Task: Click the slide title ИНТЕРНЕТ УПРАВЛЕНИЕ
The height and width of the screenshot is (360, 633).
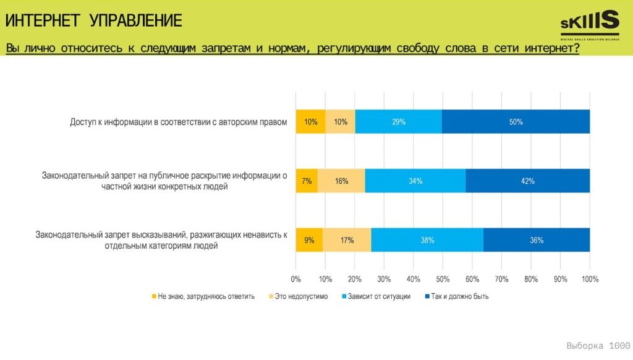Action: (x=94, y=21)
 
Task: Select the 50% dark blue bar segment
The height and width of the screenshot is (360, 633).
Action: (x=516, y=122)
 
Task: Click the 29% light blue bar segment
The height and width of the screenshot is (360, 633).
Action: (x=399, y=122)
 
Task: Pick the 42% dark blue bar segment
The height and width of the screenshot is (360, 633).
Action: (x=527, y=181)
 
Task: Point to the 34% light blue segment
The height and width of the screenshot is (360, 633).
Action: (x=415, y=181)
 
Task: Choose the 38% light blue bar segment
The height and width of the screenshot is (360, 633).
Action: (x=427, y=240)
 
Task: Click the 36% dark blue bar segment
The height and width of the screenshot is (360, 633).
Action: (x=536, y=240)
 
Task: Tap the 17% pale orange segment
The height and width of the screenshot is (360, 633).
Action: (x=347, y=240)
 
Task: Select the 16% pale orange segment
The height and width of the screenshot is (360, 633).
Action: (x=341, y=181)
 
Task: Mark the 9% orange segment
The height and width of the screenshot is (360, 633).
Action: (x=309, y=240)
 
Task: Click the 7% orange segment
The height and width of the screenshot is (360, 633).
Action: (x=307, y=181)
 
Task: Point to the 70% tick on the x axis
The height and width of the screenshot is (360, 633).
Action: (x=501, y=279)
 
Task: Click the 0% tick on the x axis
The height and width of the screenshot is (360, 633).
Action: (x=296, y=279)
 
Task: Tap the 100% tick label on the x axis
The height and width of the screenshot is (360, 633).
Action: (x=590, y=279)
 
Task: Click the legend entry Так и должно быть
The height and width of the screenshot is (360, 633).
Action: (x=457, y=296)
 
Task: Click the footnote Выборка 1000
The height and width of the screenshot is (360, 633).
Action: (x=598, y=345)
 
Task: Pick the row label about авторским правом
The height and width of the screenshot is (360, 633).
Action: (x=179, y=122)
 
